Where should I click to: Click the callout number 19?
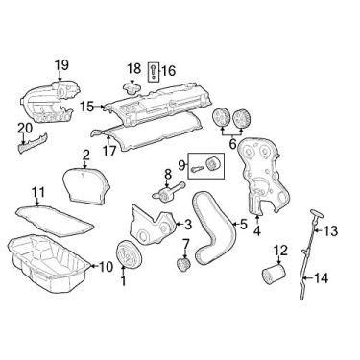click(x=61, y=65)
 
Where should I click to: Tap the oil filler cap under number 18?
click(x=132, y=88)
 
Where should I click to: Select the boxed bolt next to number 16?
click(x=153, y=71)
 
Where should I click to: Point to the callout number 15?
click(x=87, y=107)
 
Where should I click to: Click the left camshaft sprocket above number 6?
click(x=222, y=118)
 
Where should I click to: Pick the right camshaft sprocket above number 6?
click(x=241, y=118)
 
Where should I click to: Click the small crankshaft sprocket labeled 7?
click(x=183, y=265)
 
